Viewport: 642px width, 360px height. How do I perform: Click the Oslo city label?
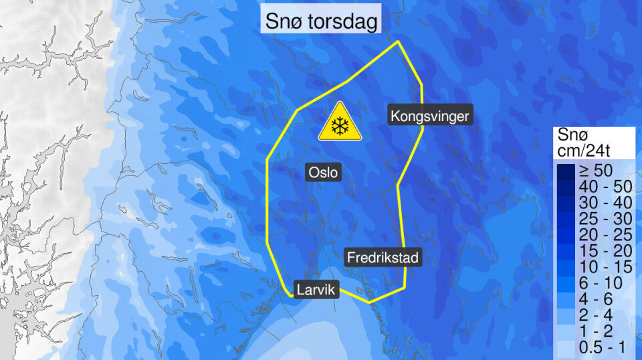pos(324,173)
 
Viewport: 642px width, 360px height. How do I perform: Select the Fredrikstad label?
pos(384,256)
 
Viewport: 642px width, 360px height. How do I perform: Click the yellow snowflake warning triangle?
pos(340,123)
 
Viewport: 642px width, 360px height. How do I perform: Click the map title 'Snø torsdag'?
pos(322,21)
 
